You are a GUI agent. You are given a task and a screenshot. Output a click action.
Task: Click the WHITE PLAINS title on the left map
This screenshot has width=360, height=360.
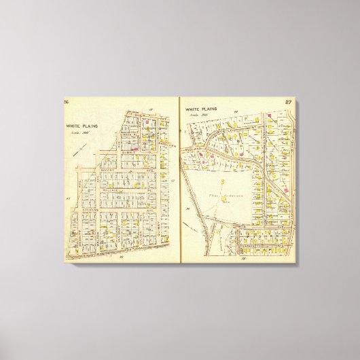[x=79, y=125]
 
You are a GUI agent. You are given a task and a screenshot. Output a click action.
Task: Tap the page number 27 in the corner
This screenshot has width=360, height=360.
[x=288, y=102]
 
